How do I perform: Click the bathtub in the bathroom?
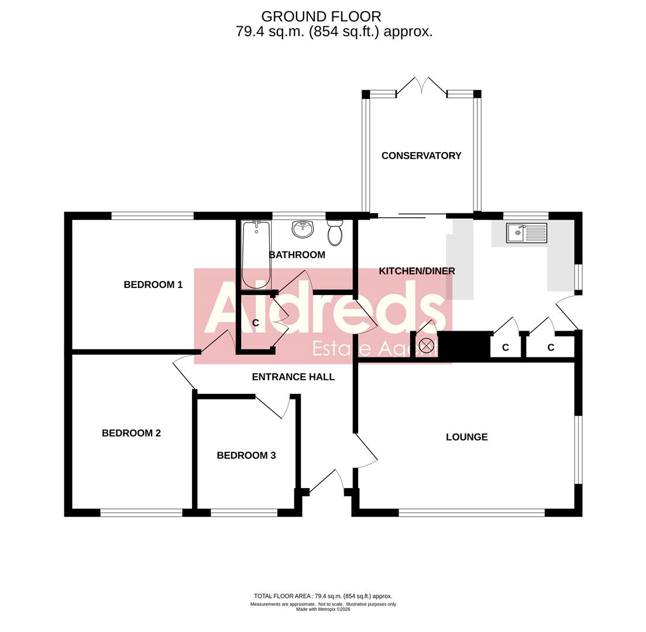click(256, 255)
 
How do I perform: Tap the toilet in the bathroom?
click(335, 233)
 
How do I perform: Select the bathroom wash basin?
click(303, 229)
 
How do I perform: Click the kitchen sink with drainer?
click(527, 233)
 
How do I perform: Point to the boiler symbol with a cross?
click(427, 345)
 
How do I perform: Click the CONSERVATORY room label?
click(421, 156)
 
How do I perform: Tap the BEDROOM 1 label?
click(153, 285)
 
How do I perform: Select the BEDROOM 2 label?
click(131, 433)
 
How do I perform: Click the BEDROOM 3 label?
click(246, 455)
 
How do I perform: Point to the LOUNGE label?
click(467, 437)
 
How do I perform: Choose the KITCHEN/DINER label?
click(417, 271)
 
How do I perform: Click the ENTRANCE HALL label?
click(293, 377)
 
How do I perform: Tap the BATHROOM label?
click(297, 255)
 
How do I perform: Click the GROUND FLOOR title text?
click(321, 16)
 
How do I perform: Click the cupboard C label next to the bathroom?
click(256, 323)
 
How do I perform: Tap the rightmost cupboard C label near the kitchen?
click(551, 348)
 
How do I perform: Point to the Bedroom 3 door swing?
click(275, 407)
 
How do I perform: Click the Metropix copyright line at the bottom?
click(323, 609)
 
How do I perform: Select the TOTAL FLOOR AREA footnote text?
click(323, 596)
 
